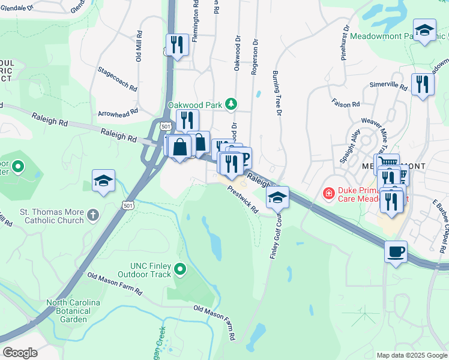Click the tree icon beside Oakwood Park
tap(230, 104)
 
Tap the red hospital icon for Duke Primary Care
tap(328, 193)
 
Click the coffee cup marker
tap(396, 252)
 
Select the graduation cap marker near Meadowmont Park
tap(424, 31)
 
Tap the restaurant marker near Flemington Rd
tap(177, 45)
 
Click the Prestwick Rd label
tap(243, 199)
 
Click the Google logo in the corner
tap(20, 353)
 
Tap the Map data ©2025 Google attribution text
tap(411, 355)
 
